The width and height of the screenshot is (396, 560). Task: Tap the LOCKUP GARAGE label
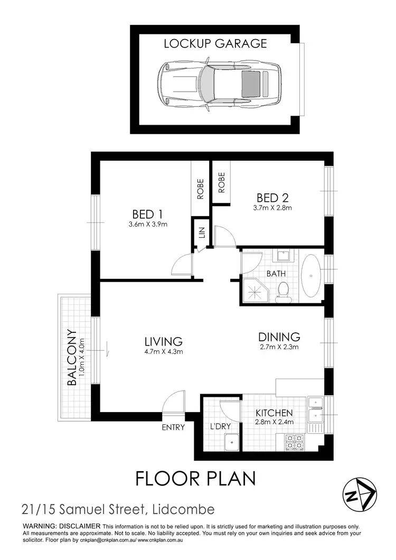[x=215, y=43]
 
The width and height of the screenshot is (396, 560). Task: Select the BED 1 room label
[x=147, y=214]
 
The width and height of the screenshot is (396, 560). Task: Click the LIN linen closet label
[x=202, y=234]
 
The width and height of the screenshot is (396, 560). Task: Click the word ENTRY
[x=173, y=427]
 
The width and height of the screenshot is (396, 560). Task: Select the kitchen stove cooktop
[x=294, y=443]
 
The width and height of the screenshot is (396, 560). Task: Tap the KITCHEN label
[x=274, y=413]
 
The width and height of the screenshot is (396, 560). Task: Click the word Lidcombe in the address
[x=183, y=509]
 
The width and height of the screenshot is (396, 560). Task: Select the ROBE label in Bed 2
[x=222, y=182]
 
